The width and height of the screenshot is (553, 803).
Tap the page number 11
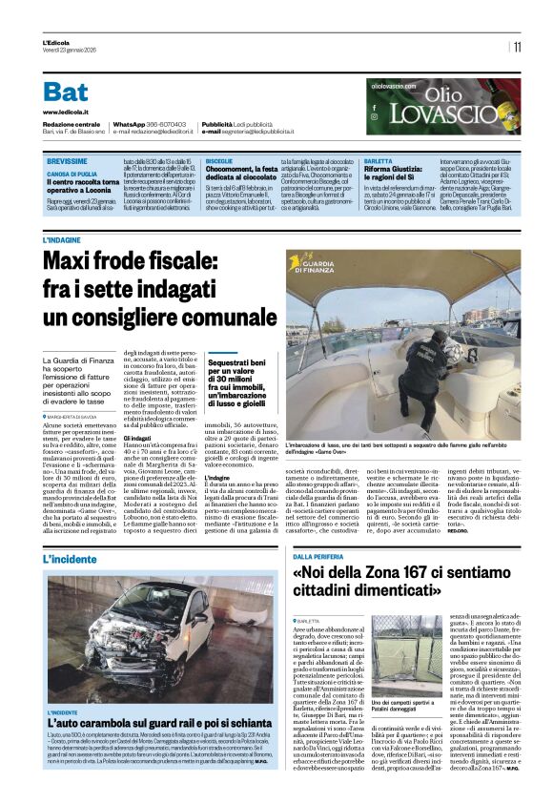[x=517, y=47]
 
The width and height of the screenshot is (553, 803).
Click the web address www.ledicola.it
[x=67, y=112]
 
